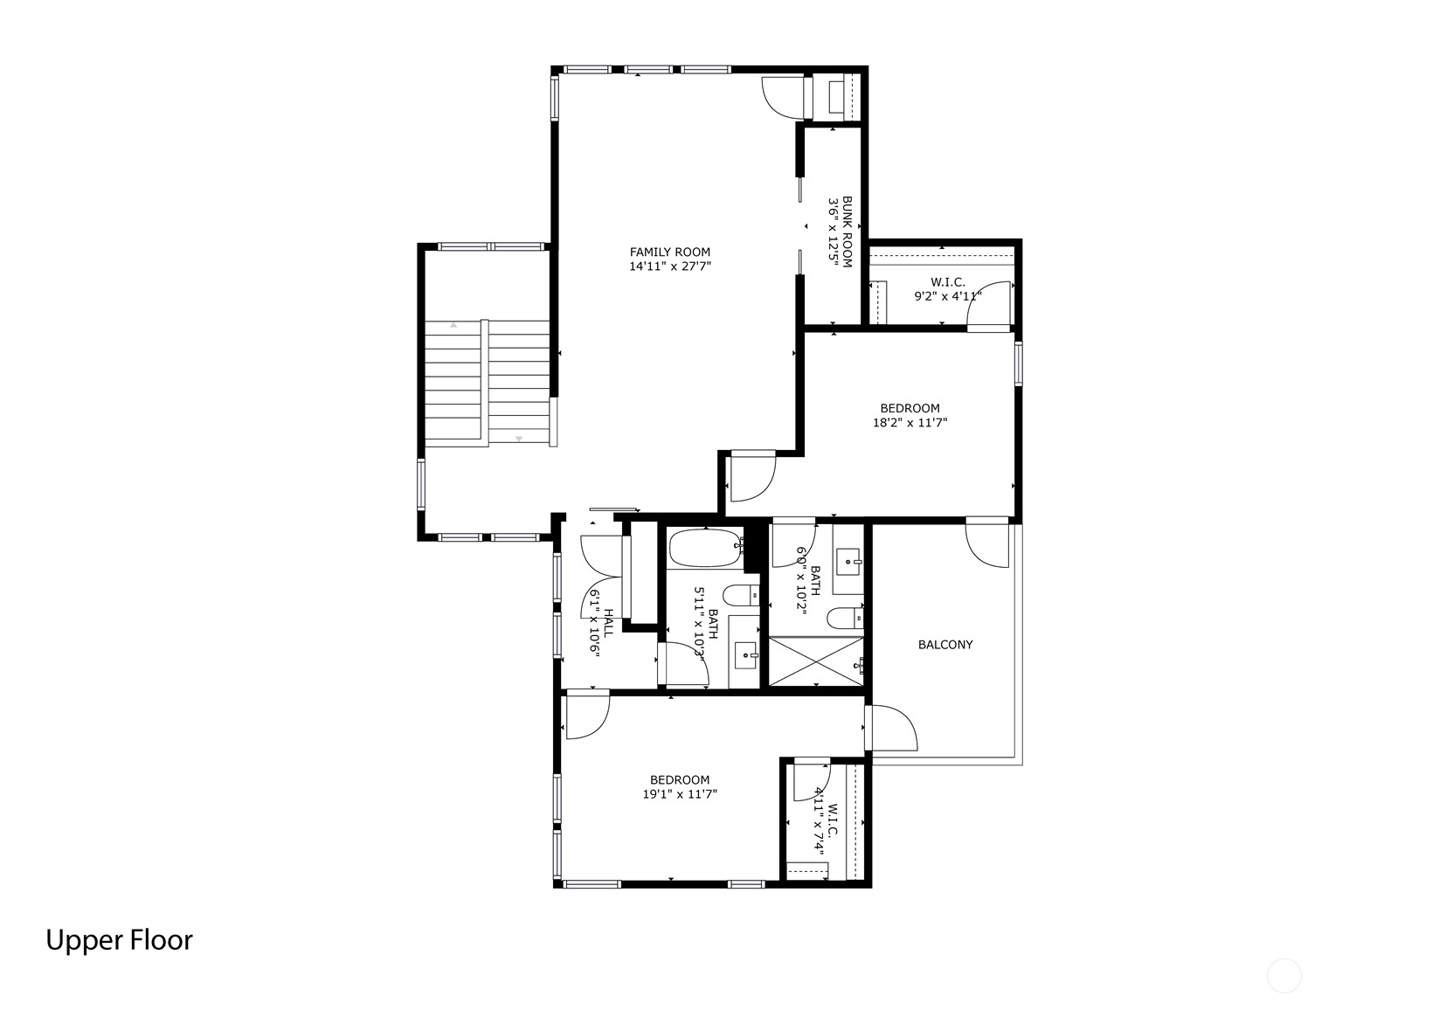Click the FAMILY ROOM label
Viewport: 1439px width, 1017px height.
click(669, 253)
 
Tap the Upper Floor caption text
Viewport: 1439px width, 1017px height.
click(119, 941)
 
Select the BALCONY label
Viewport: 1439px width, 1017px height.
click(945, 645)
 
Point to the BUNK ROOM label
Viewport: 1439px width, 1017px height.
click(847, 232)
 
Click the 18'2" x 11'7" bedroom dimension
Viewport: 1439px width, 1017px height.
click(910, 423)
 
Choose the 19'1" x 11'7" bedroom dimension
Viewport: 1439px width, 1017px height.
click(680, 794)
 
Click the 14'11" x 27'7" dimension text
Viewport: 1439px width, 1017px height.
click(670, 266)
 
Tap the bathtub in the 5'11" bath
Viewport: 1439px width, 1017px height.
click(706, 547)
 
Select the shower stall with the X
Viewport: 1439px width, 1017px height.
click(816, 661)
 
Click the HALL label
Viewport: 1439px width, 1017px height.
click(608, 623)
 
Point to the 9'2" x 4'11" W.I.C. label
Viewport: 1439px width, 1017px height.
click(948, 289)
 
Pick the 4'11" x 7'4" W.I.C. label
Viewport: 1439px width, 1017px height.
click(826, 829)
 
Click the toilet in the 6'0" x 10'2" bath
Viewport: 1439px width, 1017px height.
click(844, 619)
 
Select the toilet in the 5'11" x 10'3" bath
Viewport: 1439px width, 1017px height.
click(741, 596)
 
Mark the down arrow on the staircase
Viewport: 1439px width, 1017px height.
click(519, 439)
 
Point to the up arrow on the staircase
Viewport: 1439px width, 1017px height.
click(453, 325)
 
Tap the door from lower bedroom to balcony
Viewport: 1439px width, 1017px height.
click(891, 727)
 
